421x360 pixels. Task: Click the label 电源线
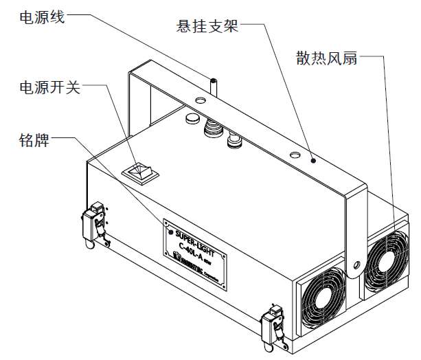42,15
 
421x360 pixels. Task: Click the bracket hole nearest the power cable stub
200,101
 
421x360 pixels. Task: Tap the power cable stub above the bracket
214,87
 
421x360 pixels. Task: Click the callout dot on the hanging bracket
312,160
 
